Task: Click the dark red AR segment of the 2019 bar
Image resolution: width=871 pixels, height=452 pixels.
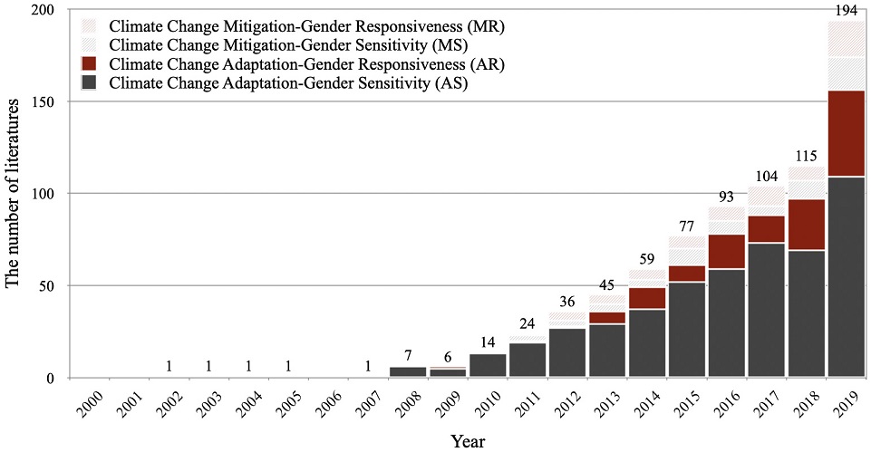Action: point(846,133)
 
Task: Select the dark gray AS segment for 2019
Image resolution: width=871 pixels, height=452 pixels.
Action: point(846,277)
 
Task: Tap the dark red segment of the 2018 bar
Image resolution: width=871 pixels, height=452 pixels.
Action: point(806,225)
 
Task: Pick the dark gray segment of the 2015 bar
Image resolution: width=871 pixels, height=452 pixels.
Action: point(687,330)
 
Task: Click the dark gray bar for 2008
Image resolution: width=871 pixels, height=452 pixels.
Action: point(408,371)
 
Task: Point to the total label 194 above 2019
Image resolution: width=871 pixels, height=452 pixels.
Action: point(847,11)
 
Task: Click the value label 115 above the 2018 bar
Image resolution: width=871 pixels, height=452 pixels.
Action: point(806,157)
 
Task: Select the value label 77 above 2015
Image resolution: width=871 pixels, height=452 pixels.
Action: point(688,226)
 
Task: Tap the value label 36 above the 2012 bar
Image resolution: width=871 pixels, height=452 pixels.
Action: point(567,302)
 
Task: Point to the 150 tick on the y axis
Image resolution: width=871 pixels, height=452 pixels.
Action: point(53,101)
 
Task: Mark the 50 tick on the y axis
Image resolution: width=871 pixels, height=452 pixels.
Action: point(58,286)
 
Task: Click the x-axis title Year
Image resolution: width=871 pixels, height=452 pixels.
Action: point(468,441)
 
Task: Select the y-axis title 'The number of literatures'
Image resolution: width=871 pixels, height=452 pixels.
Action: point(12,193)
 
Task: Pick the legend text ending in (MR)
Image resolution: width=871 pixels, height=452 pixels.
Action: point(306,27)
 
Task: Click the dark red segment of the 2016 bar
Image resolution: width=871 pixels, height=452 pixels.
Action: point(727,252)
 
